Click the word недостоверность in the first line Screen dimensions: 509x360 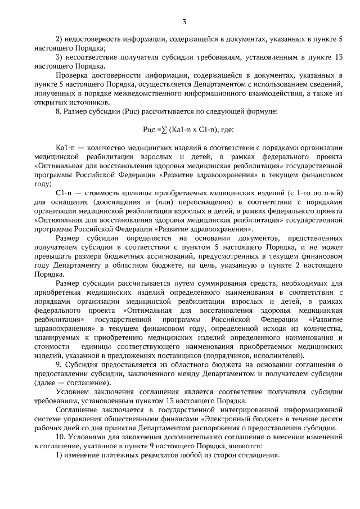pyautogui.click(x=97, y=39)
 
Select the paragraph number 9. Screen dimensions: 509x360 pyautogui.click(x=58, y=364)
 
